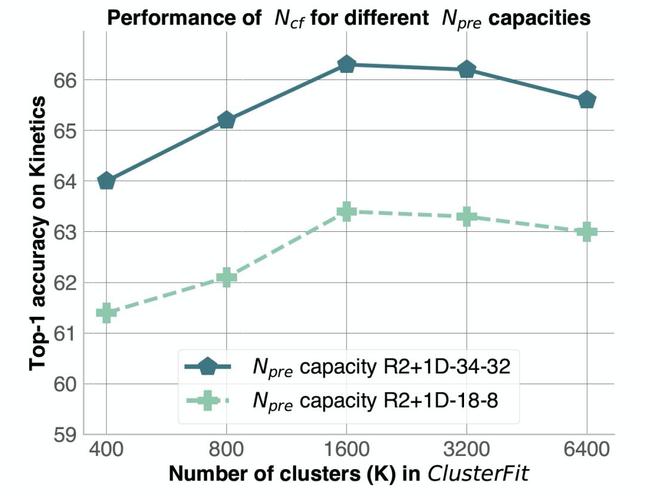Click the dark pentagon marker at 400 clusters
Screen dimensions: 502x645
(x=106, y=180)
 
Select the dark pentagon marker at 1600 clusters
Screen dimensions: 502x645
(x=346, y=65)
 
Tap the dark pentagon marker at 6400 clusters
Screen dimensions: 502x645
(x=587, y=100)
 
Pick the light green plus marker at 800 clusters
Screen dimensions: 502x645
(x=226, y=277)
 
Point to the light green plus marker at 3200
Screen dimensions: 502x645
(x=466, y=216)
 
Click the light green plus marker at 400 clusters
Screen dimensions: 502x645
(x=106, y=312)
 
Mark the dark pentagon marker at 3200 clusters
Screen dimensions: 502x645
(x=466, y=70)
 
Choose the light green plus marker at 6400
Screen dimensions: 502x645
(x=587, y=232)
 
